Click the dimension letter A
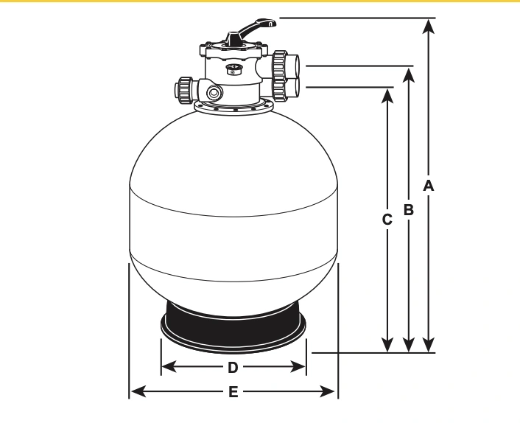tap(429, 186)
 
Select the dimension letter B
tap(409, 210)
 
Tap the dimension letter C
tap(387, 220)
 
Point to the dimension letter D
tap(233, 368)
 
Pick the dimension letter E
tap(233, 392)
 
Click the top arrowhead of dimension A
tap(429, 27)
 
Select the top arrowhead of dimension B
tap(409, 75)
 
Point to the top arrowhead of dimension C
tap(387, 97)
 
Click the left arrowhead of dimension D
tap(169, 367)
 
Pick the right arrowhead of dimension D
tap(298, 367)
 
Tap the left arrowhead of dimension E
tap(138, 391)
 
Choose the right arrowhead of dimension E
tap(327, 391)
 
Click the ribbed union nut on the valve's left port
tap(185, 90)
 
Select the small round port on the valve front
tap(214, 93)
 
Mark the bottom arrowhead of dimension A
tap(429, 344)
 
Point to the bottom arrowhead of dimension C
tap(387, 344)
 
